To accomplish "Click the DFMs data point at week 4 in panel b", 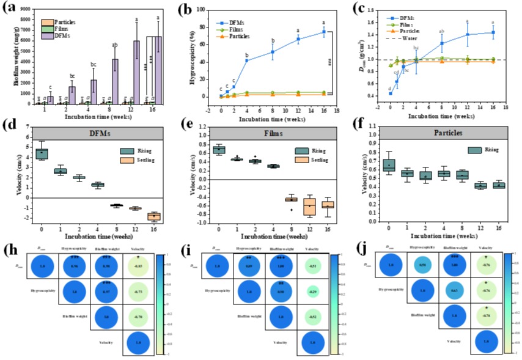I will pyautogui.click(x=247, y=60).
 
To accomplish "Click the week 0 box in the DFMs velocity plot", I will pyautogui.click(x=42, y=153).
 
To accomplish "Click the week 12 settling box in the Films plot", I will pyautogui.click(x=309, y=207).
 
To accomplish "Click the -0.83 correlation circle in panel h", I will pyautogui.click(x=139, y=267).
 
